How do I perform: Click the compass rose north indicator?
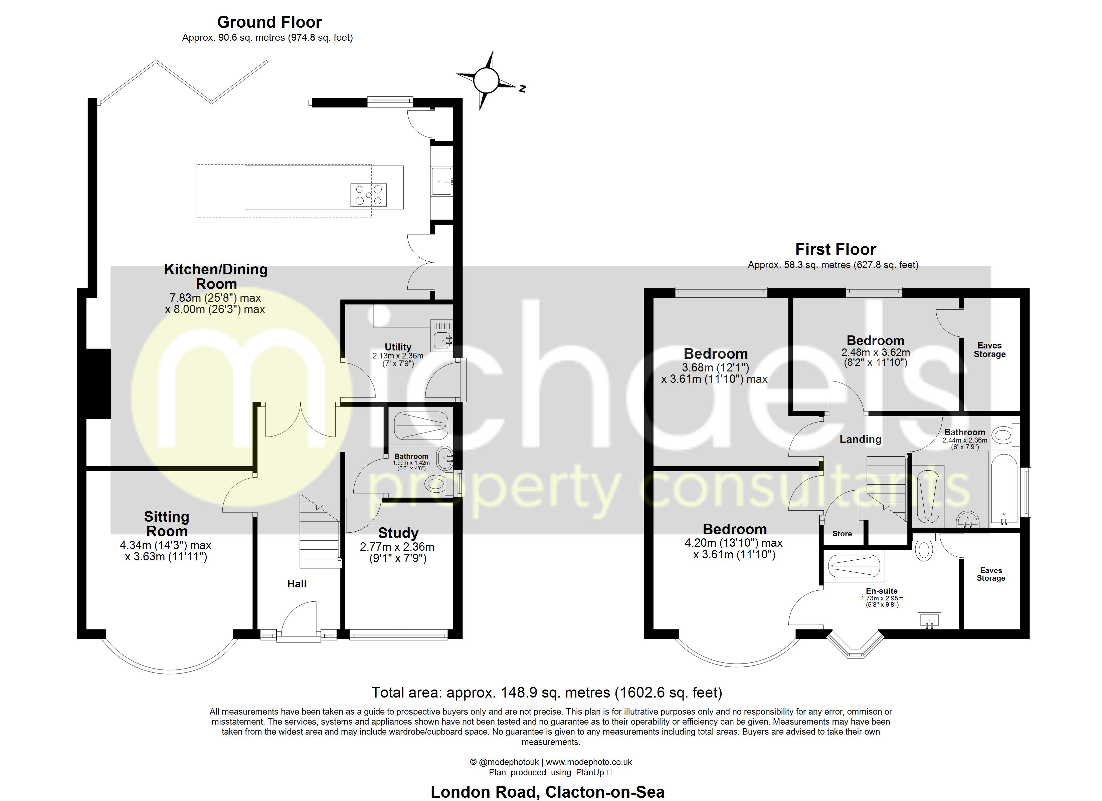[486, 80]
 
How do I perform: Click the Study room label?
[398, 533]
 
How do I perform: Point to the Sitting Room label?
[167, 524]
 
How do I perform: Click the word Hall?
[297, 584]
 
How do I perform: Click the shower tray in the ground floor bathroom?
[421, 426]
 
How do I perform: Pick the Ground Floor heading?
[269, 22]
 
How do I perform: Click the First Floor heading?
[835, 250]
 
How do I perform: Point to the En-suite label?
[881, 591]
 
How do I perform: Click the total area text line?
[547, 692]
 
